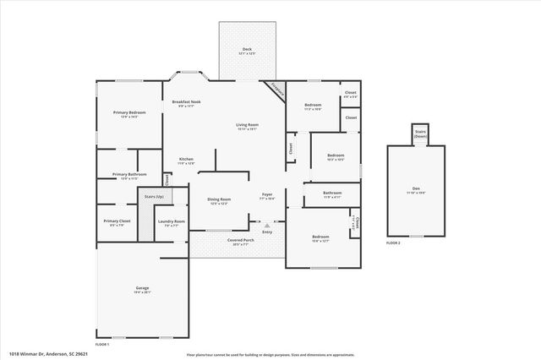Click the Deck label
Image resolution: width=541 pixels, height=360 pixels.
[247, 50]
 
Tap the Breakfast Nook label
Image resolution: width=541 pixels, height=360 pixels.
[186, 101]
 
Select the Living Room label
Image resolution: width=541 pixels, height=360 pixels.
[247, 125]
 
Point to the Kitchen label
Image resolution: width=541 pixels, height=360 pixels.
[186, 159]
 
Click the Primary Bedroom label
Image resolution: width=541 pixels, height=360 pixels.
[129, 112]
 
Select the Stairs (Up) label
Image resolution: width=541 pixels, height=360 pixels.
[154, 196]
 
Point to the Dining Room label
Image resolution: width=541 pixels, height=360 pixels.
[219, 199]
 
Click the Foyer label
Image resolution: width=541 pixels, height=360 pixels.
[266, 194]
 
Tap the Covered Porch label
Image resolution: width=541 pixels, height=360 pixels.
[238, 241]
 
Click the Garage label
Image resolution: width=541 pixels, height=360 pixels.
[142, 288]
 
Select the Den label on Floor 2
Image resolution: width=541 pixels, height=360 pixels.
[416, 188]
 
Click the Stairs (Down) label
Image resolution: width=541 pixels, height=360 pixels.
[420, 134]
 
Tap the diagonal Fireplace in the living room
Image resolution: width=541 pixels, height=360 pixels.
[276, 90]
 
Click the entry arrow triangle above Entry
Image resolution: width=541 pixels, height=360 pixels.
[267, 226]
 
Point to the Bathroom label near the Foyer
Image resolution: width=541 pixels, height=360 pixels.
[332, 194]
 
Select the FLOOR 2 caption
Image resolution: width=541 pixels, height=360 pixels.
[393, 243]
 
